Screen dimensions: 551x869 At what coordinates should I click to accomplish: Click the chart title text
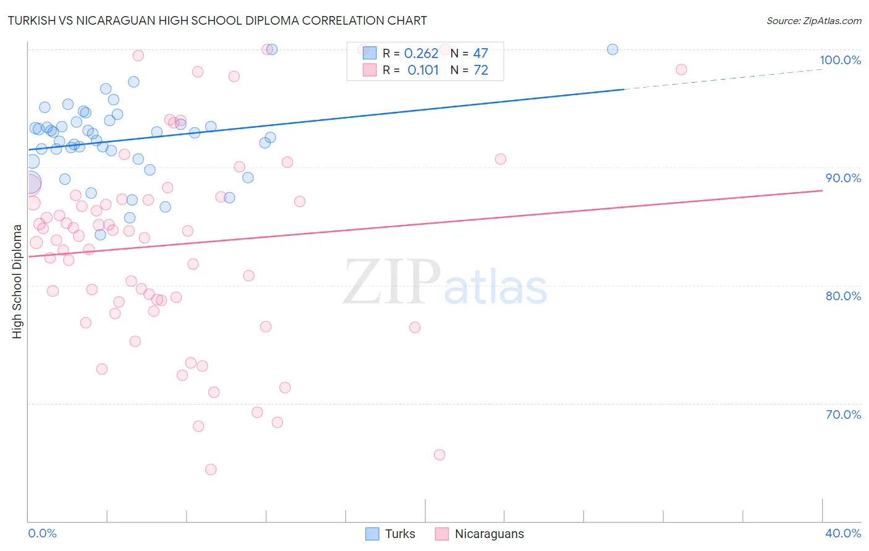(x=217, y=20)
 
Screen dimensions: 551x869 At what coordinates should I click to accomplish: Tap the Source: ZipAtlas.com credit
(x=813, y=20)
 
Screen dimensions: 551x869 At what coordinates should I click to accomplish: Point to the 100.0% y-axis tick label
(x=840, y=60)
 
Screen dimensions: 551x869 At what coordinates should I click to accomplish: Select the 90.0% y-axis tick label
(x=843, y=178)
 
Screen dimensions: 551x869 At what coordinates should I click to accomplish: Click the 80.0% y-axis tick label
(x=843, y=296)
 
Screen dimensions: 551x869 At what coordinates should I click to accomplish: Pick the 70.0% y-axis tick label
(x=843, y=414)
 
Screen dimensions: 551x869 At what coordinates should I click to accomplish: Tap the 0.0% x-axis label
(x=42, y=533)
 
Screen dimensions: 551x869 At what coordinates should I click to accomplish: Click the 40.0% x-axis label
(x=842, y=533)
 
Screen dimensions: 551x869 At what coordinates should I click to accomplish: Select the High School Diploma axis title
(x=17, y=281)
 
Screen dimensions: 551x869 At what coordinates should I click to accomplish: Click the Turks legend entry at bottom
(x=399, y=534)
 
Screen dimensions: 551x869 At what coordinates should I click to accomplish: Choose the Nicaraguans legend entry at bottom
(x=488, y=534)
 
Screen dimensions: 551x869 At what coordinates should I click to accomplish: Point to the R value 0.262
(x=421, y=53)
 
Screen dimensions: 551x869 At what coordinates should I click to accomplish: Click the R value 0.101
(x=423, y=70)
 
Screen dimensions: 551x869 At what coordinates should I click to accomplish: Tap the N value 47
(x=480, y=53)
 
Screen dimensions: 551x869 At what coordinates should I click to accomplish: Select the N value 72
(x=480, y=70)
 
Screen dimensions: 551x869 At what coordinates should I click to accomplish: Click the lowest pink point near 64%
(x=211, y=469)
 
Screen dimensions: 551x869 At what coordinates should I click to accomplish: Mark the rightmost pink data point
(x=681, y=69)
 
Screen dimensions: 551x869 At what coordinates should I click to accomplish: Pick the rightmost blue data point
(x=613, y=49)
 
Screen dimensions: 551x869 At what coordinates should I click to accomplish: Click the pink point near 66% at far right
(x=439, y=455)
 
